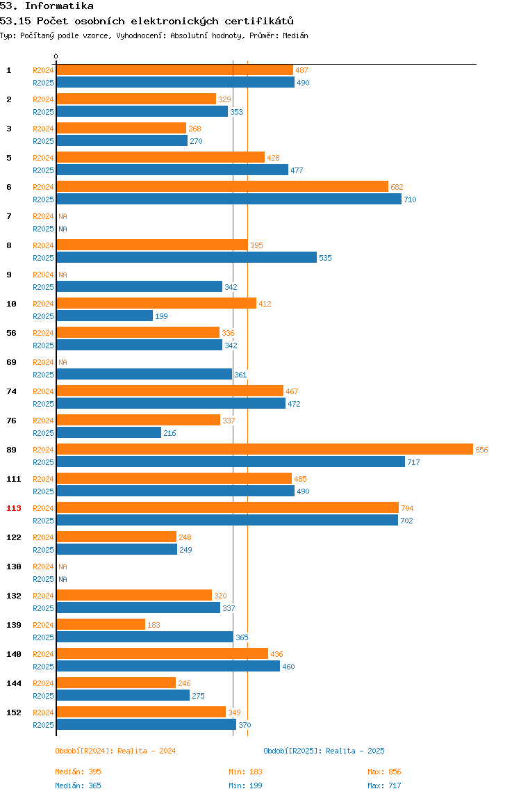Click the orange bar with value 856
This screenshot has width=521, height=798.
click(265, 449)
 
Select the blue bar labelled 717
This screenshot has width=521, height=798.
click(231, 462)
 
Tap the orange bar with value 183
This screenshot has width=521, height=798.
click(101, 624)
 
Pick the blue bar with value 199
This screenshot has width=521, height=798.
click(104, 316)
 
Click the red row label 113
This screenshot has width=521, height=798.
click(14, 508)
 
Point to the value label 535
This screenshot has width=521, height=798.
click(325, 258)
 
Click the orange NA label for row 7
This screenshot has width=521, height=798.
click(63, 216)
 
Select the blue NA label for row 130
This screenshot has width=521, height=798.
click(63, 579)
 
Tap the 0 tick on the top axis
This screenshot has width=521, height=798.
click(56, 56)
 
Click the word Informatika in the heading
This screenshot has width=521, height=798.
click(59, 6)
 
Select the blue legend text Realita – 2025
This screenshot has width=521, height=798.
click(355, 751)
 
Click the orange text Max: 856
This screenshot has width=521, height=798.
click(384, 772)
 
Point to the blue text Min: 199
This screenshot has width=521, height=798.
click(245, 785)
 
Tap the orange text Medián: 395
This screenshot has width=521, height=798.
click(78, 772)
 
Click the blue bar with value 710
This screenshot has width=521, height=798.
click(229, 199)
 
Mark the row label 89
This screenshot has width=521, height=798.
click(11, 450)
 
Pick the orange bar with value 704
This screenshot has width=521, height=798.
click(227, 507)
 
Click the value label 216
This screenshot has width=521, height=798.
click(169, 433)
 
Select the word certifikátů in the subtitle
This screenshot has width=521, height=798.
click(259, 21)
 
